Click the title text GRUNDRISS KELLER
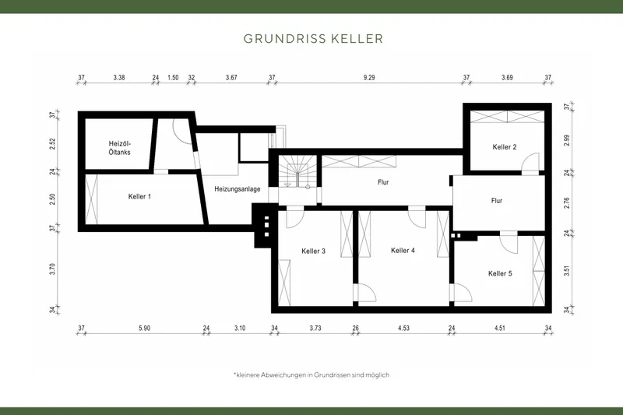tap(311, 37)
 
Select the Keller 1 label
tap(139, 196)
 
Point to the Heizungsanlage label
tap(238, 189)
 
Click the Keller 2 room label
tap(505, 146)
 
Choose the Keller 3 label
tap(313, 251)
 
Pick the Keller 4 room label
tap(403, 251)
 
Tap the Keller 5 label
tap(500, 273)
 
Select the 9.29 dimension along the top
tap(369, 77)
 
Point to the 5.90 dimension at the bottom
tap(144, 329)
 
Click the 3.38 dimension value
tap(119, 77)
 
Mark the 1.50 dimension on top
tap(173, 77)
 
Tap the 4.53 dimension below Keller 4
tap(403, 329)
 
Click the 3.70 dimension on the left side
tap(52, 269)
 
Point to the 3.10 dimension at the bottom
tap(239, 329)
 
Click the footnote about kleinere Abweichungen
tap(311, 375)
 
